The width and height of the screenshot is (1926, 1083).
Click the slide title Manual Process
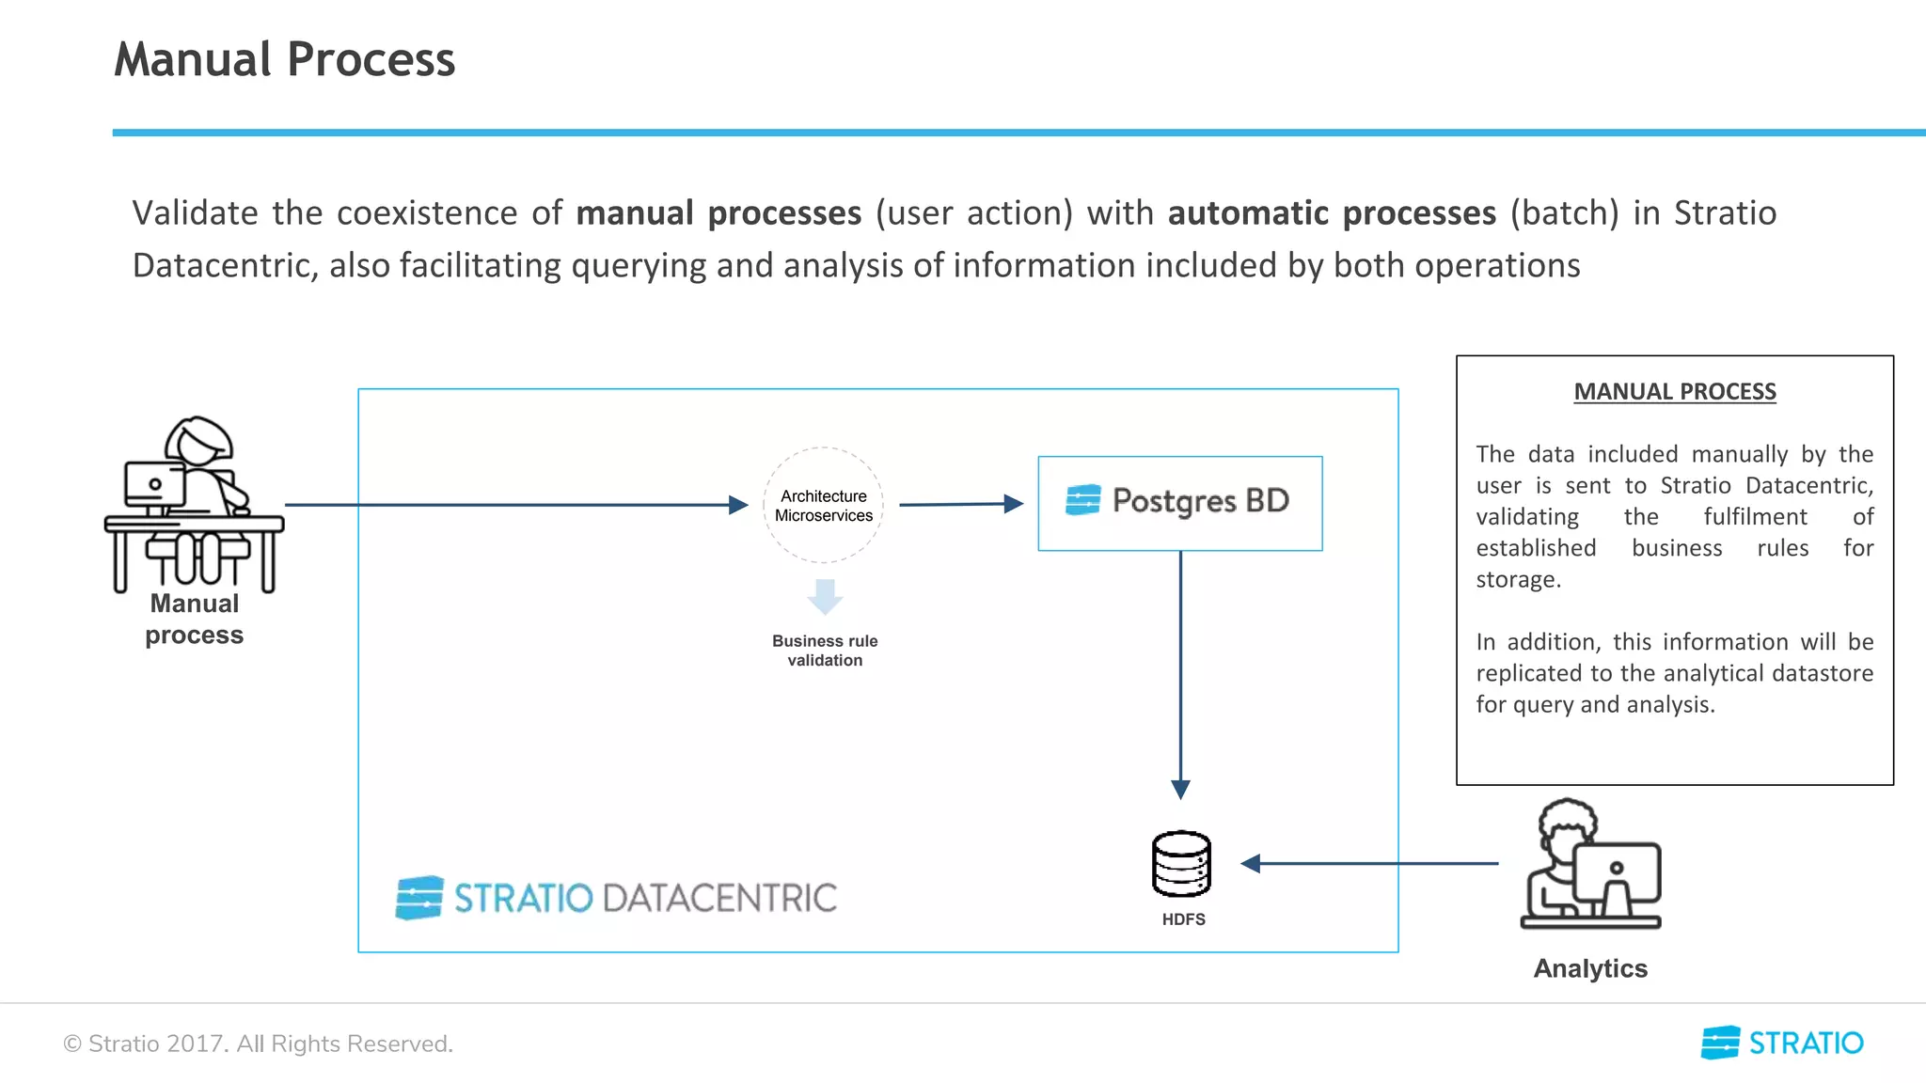tap(284, 59)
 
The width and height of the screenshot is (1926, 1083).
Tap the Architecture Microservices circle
tap(823, 505)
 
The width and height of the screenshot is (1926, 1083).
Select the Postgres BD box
tap(1179, 503)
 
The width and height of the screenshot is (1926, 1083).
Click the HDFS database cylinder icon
tap(1181, 863)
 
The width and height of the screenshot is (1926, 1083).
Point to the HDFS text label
tap(1183, 919)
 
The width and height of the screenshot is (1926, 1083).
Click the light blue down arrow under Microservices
tap(825, 596)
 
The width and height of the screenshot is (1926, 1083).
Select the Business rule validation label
tap(825, 651)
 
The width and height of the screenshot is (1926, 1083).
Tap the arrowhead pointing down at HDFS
tap(1180, 789)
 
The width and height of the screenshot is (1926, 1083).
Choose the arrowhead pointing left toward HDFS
tap(1251, 863)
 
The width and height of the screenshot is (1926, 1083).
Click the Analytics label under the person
tap(1590, 968)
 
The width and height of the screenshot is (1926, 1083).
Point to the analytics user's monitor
tap(1618, 872)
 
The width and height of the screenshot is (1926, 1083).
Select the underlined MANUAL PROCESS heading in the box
tap(1675, 391)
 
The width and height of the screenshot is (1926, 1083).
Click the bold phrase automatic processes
tap(1332, 213)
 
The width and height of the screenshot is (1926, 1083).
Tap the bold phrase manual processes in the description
tap(718, 213)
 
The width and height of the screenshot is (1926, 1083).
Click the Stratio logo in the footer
tap(1782, 1043)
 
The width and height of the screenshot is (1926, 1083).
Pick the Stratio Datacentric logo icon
tap(419, 898)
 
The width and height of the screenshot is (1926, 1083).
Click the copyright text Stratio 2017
tap(258, 1044)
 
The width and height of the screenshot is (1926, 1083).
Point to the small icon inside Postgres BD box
tap(1082, 500)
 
